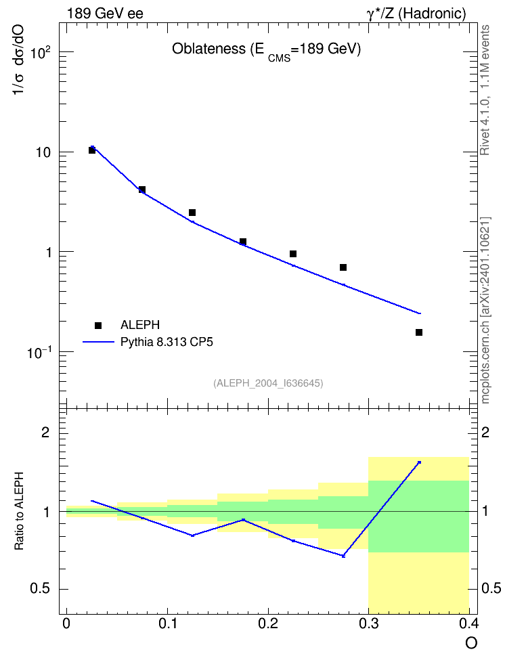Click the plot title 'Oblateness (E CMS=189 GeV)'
(267, 50)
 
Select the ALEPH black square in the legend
(98, 325)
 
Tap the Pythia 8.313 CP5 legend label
(167, 342)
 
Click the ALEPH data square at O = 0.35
(419, 332)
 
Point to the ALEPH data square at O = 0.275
(343, 267)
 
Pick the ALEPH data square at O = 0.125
(192, 213)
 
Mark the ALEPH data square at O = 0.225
(293, 253)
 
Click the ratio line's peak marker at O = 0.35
(419, 462)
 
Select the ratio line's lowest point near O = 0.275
(343, 556)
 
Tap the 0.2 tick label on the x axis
(268, 623)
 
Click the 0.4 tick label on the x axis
(469, 623)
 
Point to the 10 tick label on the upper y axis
(43, 152)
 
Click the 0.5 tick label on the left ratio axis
(40, 589)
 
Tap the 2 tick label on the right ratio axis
(485, 432)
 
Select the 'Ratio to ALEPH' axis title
(19, 511)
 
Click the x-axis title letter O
(471, 643)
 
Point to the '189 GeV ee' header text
(105, 14)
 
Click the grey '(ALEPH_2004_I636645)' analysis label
(268, 383)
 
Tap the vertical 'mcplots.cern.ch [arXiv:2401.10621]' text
(485, 310)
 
